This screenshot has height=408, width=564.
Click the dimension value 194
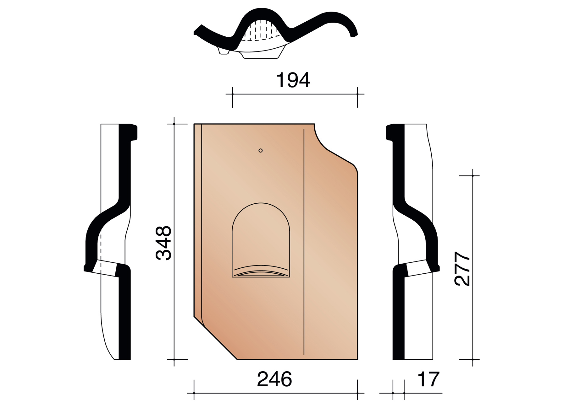pos(293,80)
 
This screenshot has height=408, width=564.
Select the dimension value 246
pos(274,379)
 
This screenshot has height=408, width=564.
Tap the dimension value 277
pos(462,269)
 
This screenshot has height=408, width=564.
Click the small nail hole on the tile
pos(260,151)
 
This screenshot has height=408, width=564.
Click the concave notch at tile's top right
pos(321,141)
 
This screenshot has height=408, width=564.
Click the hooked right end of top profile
pos(353,33)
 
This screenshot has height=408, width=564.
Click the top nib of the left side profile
pos(133,132)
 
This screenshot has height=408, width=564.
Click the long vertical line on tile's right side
pos(304,242)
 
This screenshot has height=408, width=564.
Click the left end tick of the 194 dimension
pos(232,94)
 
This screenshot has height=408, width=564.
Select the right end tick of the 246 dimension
pos(357,393)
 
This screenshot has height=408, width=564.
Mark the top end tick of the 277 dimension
pos(473,176)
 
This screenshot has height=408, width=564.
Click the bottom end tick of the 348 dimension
pos(174,359)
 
